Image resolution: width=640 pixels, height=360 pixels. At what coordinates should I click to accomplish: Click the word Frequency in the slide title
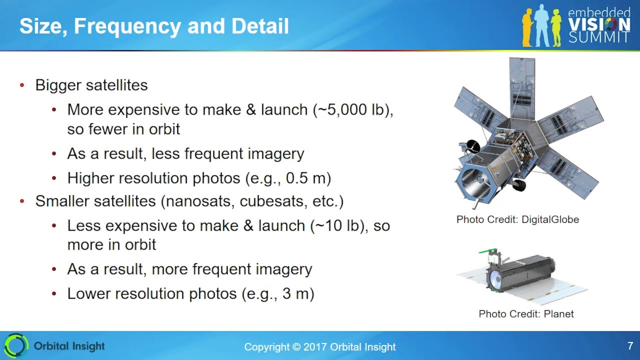(127, 26)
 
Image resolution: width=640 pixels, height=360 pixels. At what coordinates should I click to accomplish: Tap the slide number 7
(630, 345)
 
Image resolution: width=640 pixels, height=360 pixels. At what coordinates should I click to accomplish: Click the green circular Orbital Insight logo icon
(16, 345)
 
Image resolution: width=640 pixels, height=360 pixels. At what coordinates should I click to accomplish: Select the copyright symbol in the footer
(296, 347)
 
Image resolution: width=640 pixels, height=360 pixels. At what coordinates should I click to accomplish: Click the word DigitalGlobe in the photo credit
(550, 219)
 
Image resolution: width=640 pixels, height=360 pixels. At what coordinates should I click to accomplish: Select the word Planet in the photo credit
(558, 314)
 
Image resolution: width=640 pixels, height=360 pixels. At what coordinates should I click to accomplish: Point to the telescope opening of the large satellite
(473, 183)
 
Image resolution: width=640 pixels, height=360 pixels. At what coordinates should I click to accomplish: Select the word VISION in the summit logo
(599, 25)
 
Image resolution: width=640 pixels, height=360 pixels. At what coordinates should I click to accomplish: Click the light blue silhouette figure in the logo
(541, 25)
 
